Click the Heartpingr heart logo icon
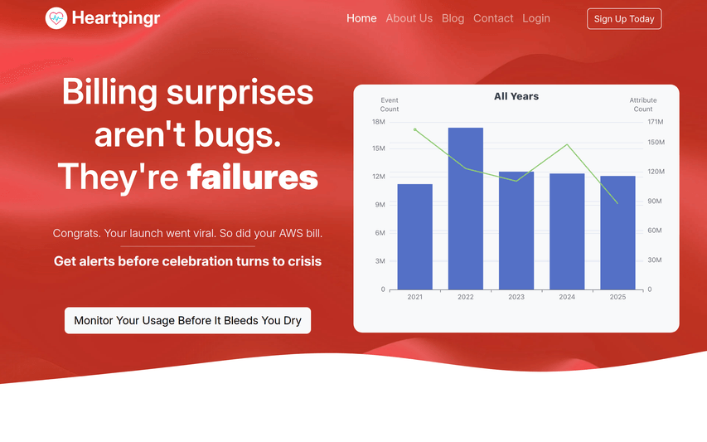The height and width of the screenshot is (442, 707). click(x=56, y=18)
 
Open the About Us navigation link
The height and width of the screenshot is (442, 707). click(x=409, y=18)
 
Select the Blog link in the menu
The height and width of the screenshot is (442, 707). click(x=453, y=18)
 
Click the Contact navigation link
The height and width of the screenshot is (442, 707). click(x=493, y=18)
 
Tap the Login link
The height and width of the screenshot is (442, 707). click(x=536, y=18)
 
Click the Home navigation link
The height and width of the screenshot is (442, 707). click(x=361, y=18)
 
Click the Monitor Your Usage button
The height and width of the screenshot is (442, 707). click(x=187, y=321)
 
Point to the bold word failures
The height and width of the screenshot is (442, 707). click(x=253, y=177)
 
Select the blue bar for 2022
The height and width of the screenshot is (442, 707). click(x=466, y=208)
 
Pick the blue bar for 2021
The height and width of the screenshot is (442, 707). click(x=414, y=237)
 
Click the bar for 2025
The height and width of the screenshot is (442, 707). click(x=617, y=233)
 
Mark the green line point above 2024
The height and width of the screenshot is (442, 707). click(x=567, y=145)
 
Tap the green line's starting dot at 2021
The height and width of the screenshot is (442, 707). click(x=414, y=130)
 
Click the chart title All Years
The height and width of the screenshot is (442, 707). click(x=516, y=96)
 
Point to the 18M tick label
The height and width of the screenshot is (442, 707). click(x=378, y=122)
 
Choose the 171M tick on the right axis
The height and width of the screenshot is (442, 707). click(x=656, y=122)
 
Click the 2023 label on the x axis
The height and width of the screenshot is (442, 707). click(x=516, y=297)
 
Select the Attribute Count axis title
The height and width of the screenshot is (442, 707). click(x=643, y=104)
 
